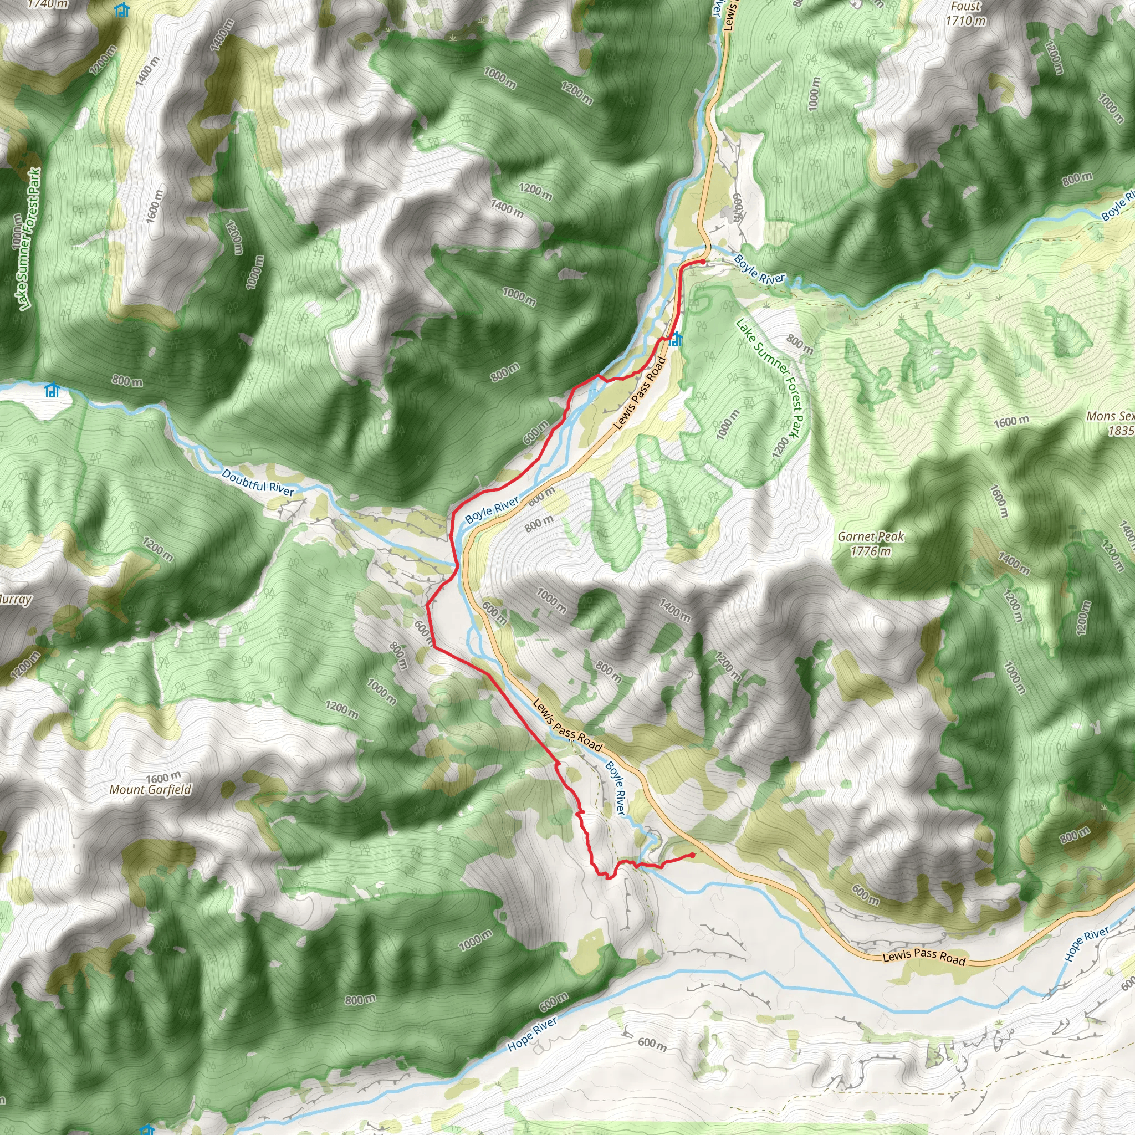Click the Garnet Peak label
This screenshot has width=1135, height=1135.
click(x=871, y=536)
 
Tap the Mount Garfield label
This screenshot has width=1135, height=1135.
click(x=150, y=790)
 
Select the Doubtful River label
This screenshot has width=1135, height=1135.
click(x=258, y=482)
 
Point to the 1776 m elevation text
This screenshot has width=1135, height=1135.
click(x=871, y=551)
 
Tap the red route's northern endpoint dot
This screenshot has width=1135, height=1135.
click(x=703, y=262)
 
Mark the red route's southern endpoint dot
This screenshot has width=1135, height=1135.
click(x=693, y=855)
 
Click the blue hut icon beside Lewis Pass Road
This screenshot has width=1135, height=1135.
click(x=677, y=339)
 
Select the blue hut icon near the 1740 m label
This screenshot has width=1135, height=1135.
click(x=121, y=10)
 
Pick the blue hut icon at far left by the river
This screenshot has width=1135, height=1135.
click(x=52, y=390)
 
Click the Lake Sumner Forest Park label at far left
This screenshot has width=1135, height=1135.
click(x=28, y=239)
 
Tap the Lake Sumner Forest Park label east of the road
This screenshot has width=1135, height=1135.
click(x=769, y=379)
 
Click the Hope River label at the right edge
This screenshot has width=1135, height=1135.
click(x=1087, y=943)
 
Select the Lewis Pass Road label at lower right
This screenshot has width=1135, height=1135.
click(x=924, y=958)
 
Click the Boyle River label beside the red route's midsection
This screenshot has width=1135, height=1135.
click(x=492, y=510)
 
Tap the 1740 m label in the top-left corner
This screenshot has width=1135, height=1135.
click(x=48, y=4)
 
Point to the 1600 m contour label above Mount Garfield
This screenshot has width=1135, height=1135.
click(x=163, y=778)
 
